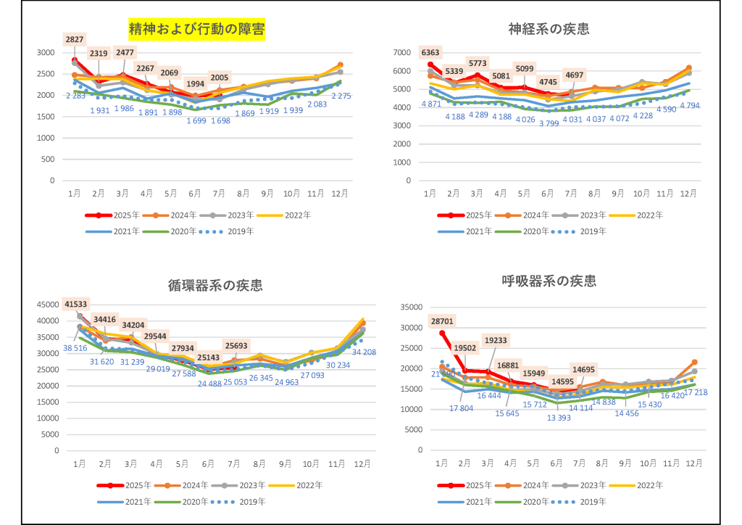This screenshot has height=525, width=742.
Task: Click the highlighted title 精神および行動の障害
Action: [196, 30]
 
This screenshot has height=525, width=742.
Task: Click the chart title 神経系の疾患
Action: [548, 29]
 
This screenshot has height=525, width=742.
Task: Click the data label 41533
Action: [75, 303]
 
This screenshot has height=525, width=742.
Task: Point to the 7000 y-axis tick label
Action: [401, 53]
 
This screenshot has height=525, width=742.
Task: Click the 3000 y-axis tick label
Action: [46, 53]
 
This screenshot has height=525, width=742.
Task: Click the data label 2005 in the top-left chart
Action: [220, 78]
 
